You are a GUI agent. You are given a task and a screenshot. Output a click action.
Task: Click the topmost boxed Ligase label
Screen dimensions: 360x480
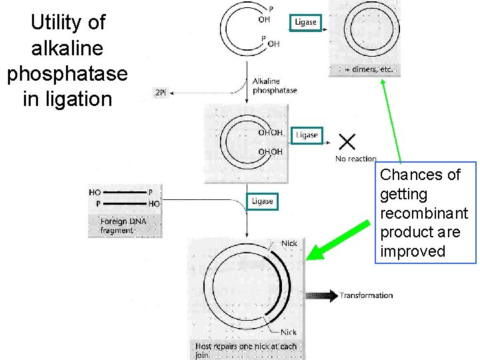point(306,22)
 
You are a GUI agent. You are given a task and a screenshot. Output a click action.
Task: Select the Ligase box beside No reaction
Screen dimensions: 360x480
point(307,135)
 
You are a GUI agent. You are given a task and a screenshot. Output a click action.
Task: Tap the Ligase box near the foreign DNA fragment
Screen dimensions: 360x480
point(262,201)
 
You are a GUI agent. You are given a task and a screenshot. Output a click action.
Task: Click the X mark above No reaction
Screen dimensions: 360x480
point(347,141)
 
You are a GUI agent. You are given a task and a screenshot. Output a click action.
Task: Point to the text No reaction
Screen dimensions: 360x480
point(356,159)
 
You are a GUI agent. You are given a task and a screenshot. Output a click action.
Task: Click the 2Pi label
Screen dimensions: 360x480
point(161,93)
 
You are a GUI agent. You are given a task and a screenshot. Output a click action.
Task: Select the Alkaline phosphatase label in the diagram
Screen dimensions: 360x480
point(274,86)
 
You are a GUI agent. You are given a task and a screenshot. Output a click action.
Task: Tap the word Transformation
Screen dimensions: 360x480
point(366,295)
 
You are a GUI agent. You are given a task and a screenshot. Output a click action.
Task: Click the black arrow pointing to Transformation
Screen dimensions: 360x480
point(323,296)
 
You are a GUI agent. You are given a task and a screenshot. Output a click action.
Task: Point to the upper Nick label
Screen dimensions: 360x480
point(289,243)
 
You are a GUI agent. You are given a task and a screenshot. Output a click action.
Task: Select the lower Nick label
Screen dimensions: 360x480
point(288,332)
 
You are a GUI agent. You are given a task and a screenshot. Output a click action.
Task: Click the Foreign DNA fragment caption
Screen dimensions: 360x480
point(123,225)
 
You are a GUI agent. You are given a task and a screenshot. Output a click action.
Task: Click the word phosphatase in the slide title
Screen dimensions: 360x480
point(67,73)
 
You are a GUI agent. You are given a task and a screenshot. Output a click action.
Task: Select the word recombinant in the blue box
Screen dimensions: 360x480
point(424,213)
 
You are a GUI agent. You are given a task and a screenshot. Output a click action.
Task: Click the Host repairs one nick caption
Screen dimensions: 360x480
point(245,351)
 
